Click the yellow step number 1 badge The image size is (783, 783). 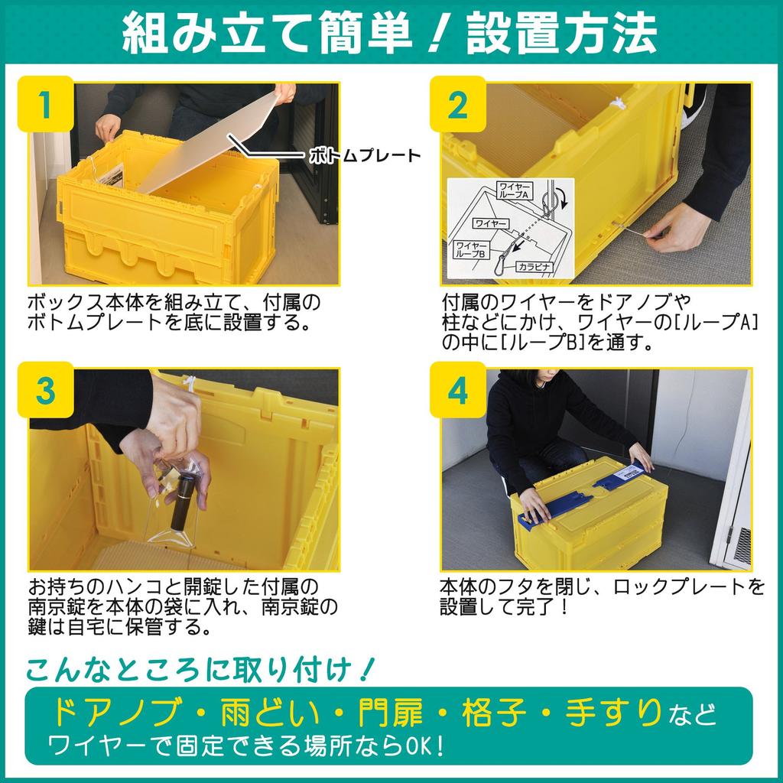(46, 104)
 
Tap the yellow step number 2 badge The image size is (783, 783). (457, 104)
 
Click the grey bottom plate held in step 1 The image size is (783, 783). (203, 145)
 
